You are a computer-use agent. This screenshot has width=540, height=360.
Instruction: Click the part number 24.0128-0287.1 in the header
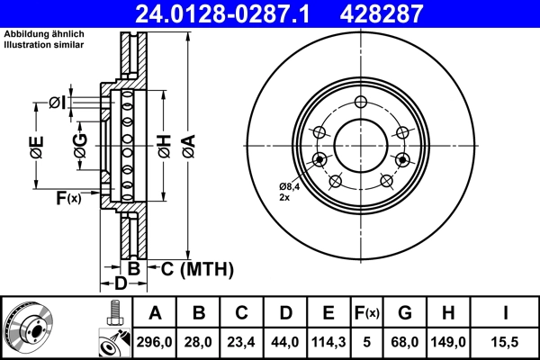(x=233, y=13)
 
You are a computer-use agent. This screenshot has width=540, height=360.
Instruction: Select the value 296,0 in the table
(x=154, y=343)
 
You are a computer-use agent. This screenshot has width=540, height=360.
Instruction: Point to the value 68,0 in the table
(x=404, y=343)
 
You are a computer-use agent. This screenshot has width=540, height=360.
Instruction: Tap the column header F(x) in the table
(x=366, y=313)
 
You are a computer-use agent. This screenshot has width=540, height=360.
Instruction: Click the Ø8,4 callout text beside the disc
(x=290, y=187)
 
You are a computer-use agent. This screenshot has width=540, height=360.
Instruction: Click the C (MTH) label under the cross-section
(x=196, y=268)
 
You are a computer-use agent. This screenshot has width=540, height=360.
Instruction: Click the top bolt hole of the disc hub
(x=360, y=102)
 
